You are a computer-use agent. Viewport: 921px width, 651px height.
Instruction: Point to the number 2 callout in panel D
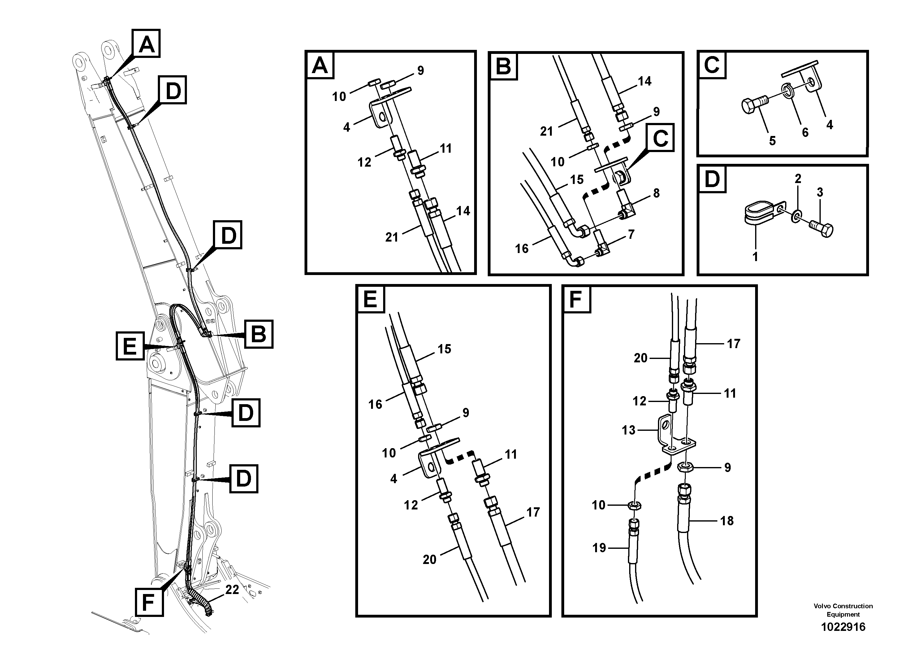798,179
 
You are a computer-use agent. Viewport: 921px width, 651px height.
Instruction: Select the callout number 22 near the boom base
232,590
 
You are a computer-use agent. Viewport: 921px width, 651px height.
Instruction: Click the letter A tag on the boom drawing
147,43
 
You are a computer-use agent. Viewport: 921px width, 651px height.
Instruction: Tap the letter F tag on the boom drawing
149,602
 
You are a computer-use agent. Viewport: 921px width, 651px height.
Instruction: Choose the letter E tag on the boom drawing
130,346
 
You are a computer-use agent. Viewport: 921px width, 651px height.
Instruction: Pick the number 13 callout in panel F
628,430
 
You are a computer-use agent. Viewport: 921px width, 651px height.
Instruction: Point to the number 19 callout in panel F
599,548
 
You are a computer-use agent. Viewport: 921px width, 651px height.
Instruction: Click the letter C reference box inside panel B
660,138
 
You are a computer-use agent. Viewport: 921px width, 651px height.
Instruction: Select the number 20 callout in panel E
429,560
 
